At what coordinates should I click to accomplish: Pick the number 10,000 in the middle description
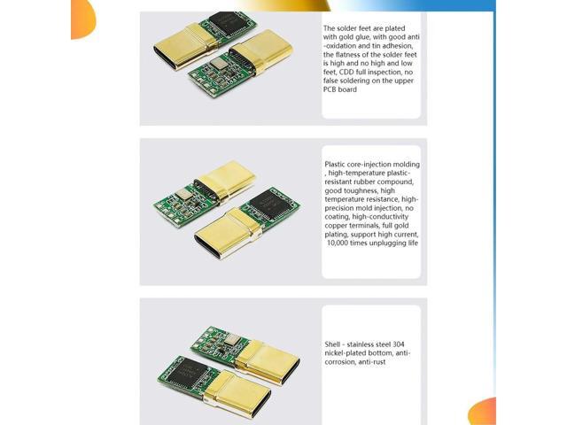tap(343, 243)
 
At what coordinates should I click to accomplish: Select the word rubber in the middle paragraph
tap(361, 182)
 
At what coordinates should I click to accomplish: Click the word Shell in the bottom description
tap(335, 344)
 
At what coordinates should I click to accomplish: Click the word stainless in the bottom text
tap(366, 344)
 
